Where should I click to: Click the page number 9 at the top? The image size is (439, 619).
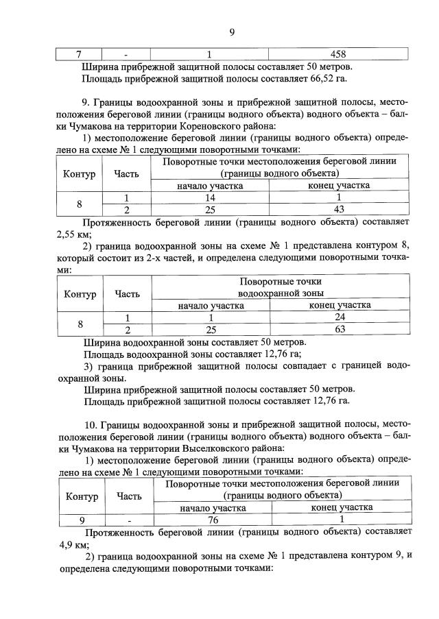(x=231, y=30)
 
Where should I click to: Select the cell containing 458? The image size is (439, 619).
(x=337, y=54)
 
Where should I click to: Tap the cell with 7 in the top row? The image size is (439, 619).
(x=78, y=54)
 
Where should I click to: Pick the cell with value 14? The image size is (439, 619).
(x=211, y=197)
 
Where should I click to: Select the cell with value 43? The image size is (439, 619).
(x=338, y=208)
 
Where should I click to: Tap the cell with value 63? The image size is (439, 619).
(x=340, y=329)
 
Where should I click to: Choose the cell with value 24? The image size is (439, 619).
(x=340, y=317)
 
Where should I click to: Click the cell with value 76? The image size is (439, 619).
(x=213, y=520)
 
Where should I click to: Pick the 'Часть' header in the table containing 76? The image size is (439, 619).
(x=130, y=496)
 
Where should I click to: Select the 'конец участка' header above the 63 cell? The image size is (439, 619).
(x=340, y=305)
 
